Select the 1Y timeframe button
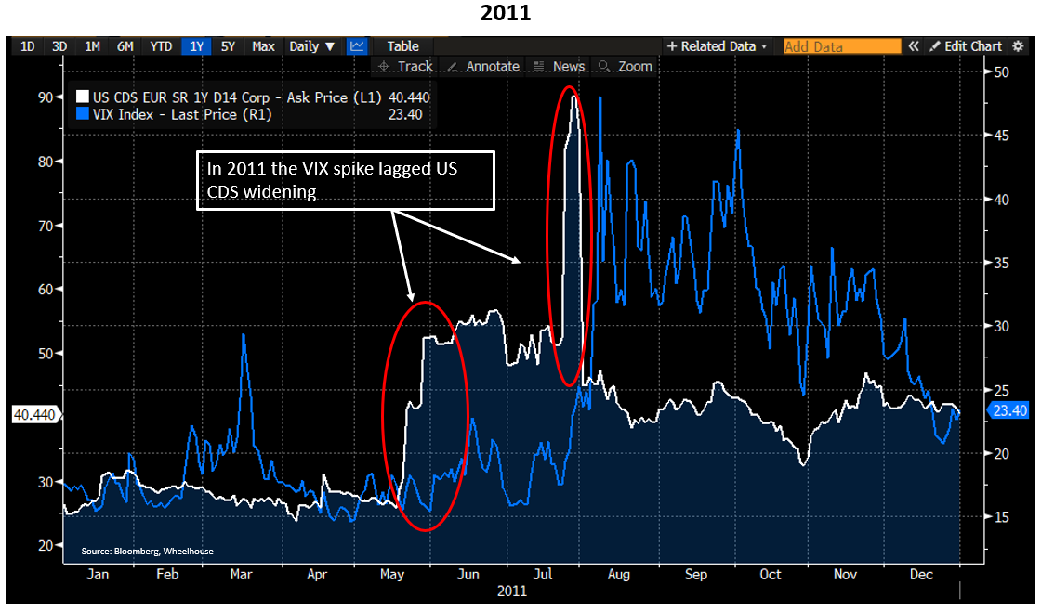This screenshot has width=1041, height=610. pyautogui.click(x=196, y=46)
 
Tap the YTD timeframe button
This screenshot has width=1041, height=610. pyautogui.click(x=161, y=46)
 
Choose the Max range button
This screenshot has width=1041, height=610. pyautogui.click(x=263, y=46)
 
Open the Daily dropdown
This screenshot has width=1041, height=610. pyautogui.click(x=311, y=46)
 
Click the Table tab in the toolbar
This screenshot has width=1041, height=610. pyautogui.click(x=402, y=46)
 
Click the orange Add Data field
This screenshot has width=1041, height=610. pyautogui.click(x=842, y=46)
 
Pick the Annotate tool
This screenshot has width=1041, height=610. pyautogui.click(x=483, y=66)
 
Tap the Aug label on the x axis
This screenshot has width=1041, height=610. pyautogui.click(x=619, y=575)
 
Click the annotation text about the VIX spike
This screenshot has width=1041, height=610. pyautogui.click(x=344, y=179)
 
